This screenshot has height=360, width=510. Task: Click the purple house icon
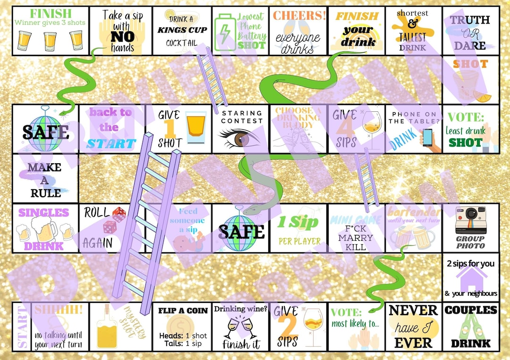471,279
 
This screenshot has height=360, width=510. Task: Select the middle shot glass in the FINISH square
50,41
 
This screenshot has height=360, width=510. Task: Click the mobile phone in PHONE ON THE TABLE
427,137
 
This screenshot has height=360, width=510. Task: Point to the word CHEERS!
299,15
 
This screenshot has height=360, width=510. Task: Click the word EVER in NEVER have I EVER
413,343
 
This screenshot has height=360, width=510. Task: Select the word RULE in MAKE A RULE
45,193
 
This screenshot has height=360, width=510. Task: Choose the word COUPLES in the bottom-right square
471,310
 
